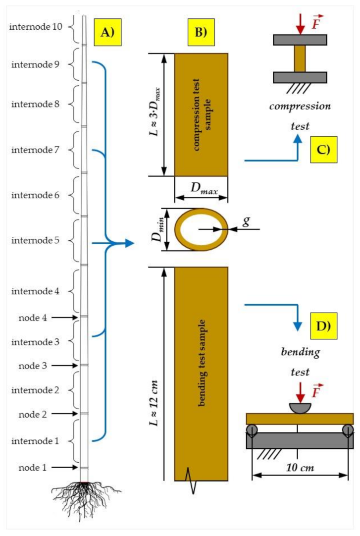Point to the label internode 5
36,241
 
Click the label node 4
33,318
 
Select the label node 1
33,468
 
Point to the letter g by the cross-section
246,221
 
